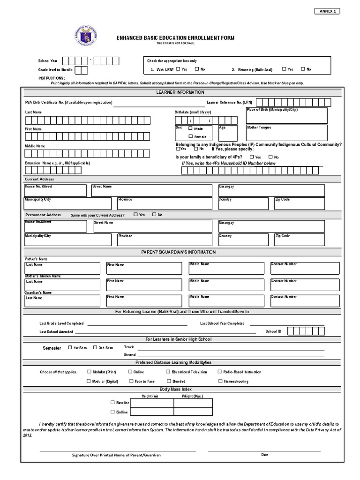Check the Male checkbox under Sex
coord(190,128)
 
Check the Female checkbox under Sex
coord(190,136)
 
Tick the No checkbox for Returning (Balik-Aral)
coord(303,69)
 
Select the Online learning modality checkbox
coord(130,372)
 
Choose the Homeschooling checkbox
coord(220,381)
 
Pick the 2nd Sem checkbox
coord(95,348)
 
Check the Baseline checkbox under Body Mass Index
coord(112,403)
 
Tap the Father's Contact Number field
coord(305,268)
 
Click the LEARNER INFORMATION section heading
coord(180,92)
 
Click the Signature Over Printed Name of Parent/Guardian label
coord(116,455)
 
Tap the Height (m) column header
coord(150,396)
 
